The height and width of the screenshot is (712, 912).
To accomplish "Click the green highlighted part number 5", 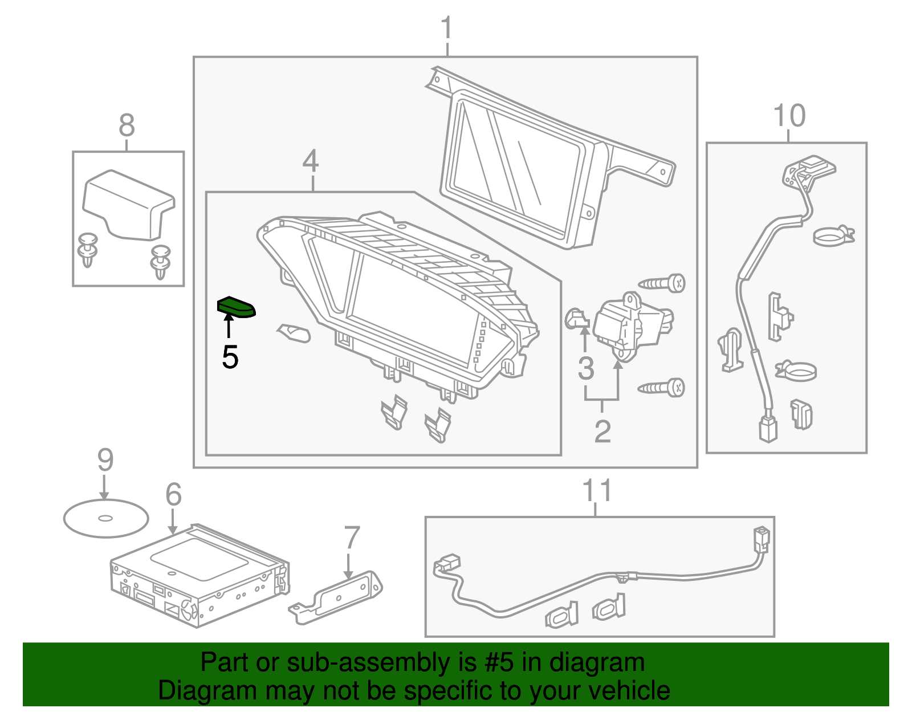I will pyautogui.click(x=237, y=307).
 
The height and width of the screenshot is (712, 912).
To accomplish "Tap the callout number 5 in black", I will pyautogui.click(x=230, y=357).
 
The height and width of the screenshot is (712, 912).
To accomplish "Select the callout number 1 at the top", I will pyautogui.click(x=446, y=28).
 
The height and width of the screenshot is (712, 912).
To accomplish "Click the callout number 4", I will pyautogui.click(x=311, y=161).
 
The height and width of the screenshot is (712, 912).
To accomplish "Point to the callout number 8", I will pyautogui.click(x=127, y=125).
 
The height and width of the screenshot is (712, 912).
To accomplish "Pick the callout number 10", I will pyautogui.click(x=789, y=116).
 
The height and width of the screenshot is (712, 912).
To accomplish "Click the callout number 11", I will pyautogui.click(x=597, y=491).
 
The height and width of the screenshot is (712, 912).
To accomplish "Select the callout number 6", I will pyautogui.click(x=173, y=494).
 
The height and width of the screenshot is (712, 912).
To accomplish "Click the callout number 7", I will pyautogui.click(x=352, y=538).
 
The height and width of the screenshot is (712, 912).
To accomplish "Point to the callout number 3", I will pyautogui.click(x=585, y=368).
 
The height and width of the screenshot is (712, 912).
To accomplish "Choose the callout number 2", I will pyautogui.click(x=602, y=432).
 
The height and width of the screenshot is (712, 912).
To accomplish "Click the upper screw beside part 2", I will pyautogui.click(x=662, y=283).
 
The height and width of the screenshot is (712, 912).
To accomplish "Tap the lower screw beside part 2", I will pyautogui.click(x=662, y=388).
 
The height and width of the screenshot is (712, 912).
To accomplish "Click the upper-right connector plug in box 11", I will pyautogui.click(x=761, y=539).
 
